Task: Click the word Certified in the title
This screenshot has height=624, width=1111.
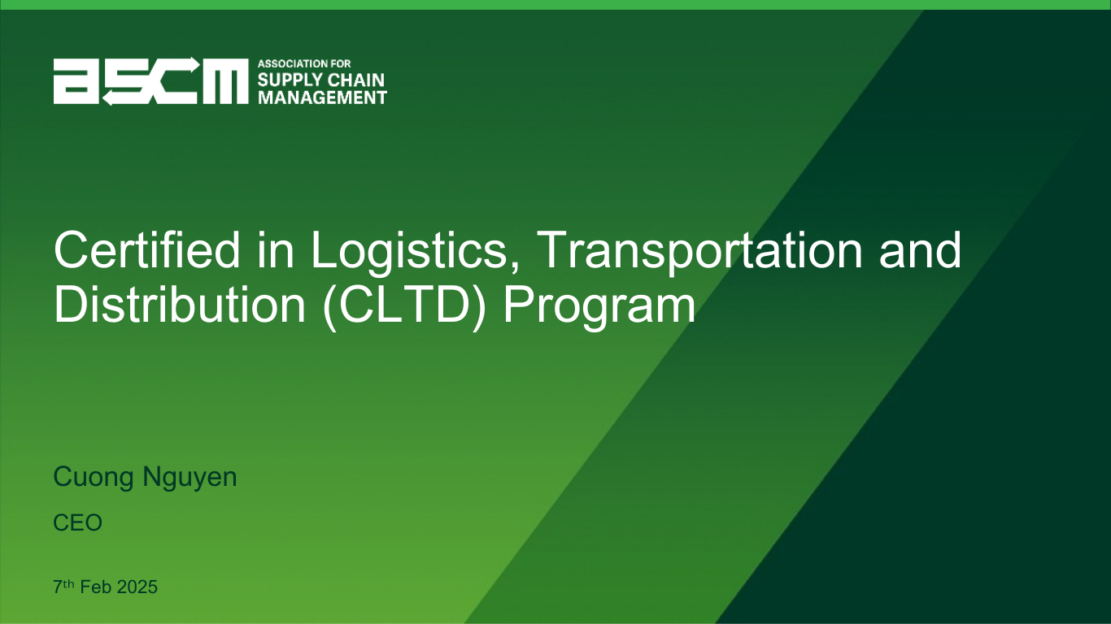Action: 147,249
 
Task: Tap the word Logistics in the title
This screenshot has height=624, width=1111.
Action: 415,252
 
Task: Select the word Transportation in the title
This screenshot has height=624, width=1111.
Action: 699,252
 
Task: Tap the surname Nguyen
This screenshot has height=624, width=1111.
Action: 190,478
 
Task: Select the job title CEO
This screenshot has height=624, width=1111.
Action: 78,522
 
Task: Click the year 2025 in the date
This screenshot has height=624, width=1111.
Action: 137,587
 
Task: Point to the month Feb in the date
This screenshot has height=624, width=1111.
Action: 96,587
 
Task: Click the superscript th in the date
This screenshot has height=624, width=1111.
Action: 69,583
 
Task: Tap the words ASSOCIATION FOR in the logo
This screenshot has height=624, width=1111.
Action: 304,64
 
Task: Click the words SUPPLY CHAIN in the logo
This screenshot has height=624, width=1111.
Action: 321,80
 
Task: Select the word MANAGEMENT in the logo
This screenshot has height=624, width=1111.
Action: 322,97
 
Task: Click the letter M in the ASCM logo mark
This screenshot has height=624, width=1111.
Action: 225,81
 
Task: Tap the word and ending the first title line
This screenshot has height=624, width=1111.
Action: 920,249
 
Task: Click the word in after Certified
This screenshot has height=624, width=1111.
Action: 275,249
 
